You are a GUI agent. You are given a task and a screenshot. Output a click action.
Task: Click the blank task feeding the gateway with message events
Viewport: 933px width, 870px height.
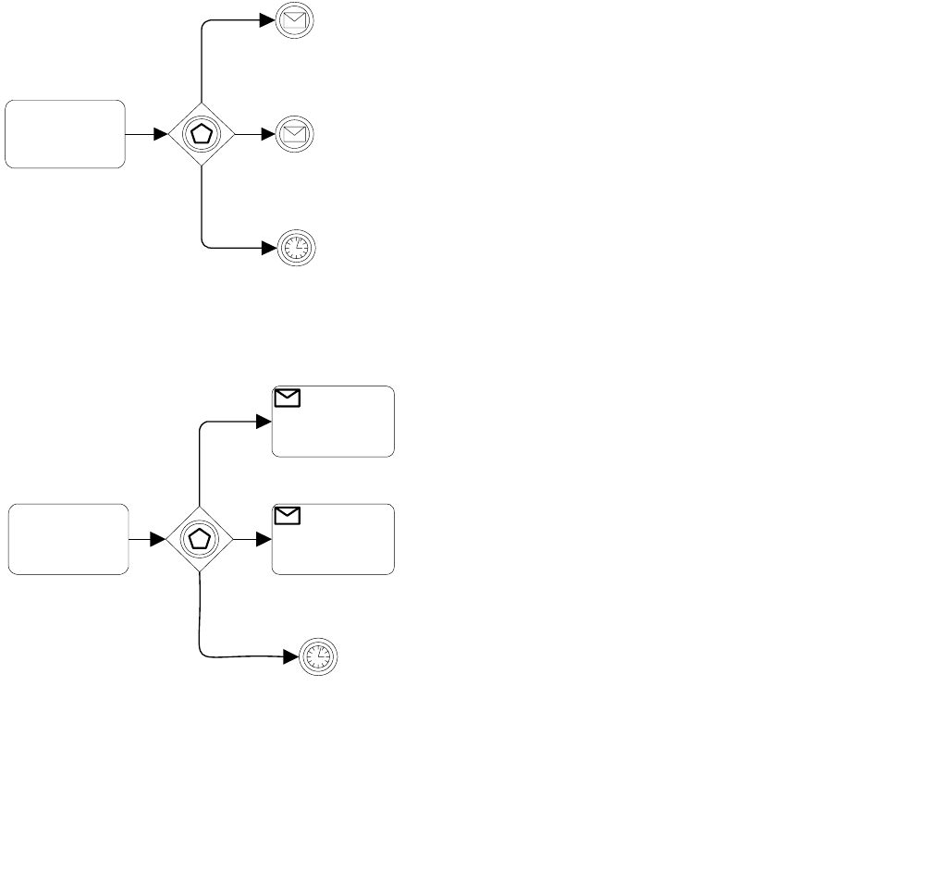(65, 134)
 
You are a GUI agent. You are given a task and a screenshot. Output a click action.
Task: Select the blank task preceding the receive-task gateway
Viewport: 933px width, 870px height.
(68, 539)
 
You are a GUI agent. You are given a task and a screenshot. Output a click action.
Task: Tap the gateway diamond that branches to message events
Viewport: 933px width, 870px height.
(201, 134)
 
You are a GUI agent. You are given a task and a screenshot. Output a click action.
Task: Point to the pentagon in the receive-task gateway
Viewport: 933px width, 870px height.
(200, 539)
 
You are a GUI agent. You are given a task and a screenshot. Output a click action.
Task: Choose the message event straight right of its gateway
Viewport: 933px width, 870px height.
(295, 134)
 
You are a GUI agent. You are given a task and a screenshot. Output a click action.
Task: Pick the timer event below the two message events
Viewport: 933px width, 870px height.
(295, 248)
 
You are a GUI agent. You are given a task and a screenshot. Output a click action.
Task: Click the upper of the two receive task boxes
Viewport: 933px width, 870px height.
(333, 422)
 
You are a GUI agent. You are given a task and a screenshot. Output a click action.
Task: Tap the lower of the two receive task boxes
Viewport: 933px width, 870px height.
(333, 539)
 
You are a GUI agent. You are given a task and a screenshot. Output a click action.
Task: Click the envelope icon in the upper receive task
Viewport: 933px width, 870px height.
(288, 398)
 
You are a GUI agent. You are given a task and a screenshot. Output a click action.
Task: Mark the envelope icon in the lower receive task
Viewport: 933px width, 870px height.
(288, 516)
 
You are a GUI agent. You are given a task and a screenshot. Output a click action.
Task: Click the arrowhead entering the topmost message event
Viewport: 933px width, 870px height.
(269, 20)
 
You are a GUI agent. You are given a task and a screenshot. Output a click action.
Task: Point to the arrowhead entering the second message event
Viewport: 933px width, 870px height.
(269, 134)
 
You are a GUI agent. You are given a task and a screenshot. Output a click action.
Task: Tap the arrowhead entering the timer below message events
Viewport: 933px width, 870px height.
(269, 248)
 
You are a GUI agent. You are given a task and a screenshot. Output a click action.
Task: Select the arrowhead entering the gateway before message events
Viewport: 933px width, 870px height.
(160, 134)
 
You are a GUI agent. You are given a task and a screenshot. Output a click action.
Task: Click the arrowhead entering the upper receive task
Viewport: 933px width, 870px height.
(264, 422)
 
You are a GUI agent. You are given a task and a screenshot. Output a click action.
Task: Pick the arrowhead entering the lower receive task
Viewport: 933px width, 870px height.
(264, 539)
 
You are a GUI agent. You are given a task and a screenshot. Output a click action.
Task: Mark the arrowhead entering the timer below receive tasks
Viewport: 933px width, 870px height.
(291, 657)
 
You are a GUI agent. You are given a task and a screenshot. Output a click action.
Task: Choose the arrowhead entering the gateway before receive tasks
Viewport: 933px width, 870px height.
(159, 539)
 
